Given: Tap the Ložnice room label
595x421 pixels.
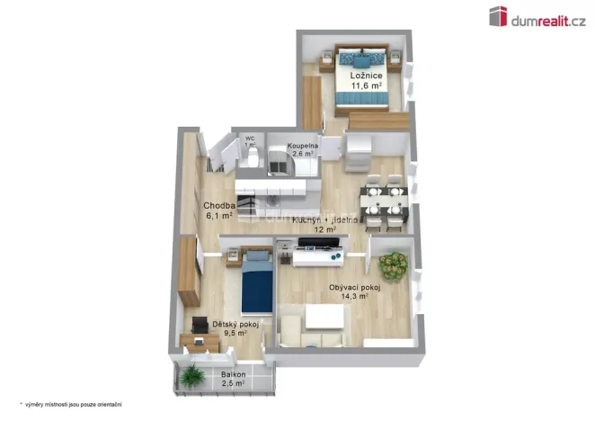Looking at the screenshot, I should pyautogui.click(x=367, y=76).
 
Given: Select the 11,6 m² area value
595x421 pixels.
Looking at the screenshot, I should pyautogui.click(x=367, y=86).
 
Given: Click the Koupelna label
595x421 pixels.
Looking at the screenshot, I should pyautogui.click(x=303, y=146).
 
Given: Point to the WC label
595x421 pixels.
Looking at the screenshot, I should pyautogui.click(x=250, y=139).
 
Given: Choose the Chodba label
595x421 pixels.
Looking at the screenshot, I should pyautogui.click(x=219, y=205).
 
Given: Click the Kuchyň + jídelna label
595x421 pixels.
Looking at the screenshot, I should pyautogui.click(x=325, y=219).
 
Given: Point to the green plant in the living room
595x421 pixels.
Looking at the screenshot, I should pyautogui.click(x=392, y=265).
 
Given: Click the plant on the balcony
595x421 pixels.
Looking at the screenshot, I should pyautogui.click(x=191, y=375).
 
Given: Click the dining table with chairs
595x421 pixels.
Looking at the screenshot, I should pyautogui.click(x=383, y=203).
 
